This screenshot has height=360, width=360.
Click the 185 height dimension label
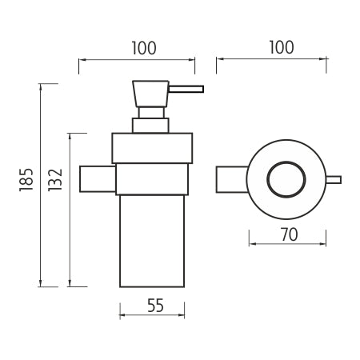[x=26, y=179]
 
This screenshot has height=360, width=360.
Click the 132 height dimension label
[x=55, y=180]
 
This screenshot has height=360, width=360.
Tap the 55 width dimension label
[x=155, y=306]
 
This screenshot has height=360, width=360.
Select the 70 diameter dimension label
[x=289, y=234]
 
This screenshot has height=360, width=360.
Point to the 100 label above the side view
[x=144, y=48]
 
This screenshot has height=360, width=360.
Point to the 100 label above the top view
[x=282, y=47]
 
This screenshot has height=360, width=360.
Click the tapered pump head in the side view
[x=150, y=94]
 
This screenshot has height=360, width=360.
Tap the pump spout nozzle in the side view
[x=186, y=89]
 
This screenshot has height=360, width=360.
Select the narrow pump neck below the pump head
[x=151, y=113]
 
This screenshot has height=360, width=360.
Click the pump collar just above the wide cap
[x=150, y=126]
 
